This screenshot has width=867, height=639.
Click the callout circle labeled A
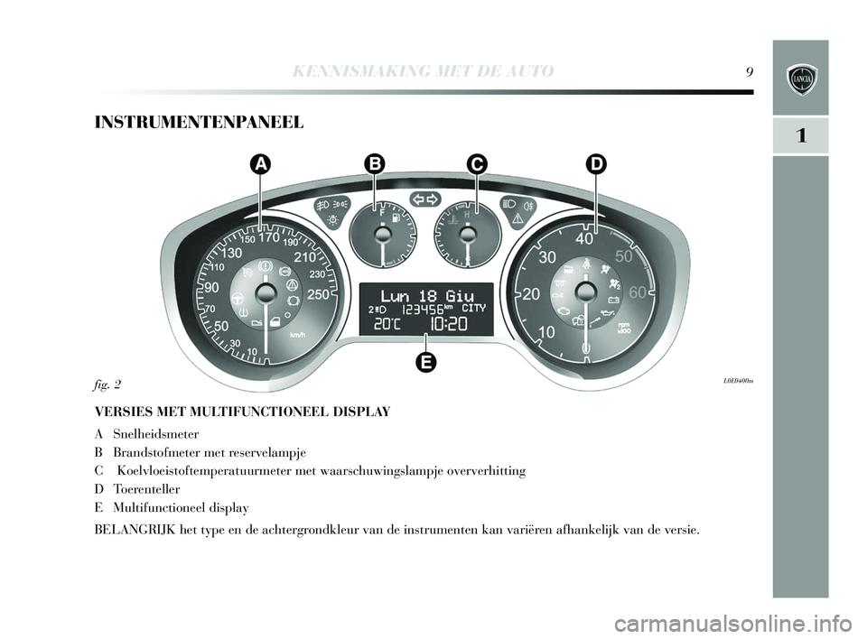[260, 163]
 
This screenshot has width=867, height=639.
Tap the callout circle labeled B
[374, 163]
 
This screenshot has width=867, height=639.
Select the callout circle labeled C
[476, 163]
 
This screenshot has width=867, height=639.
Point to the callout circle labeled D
[595, 163]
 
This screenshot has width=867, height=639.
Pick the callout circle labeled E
[426, 362]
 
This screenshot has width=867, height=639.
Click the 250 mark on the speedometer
[319, 294]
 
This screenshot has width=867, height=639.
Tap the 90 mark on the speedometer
[212, 287]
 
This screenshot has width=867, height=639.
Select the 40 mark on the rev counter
[584, 238]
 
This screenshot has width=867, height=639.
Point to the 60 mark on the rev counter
[638, 292]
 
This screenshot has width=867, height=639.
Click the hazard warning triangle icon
[518, 218]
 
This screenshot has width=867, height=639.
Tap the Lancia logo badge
[800, 78]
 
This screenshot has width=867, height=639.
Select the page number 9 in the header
[750, 71]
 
